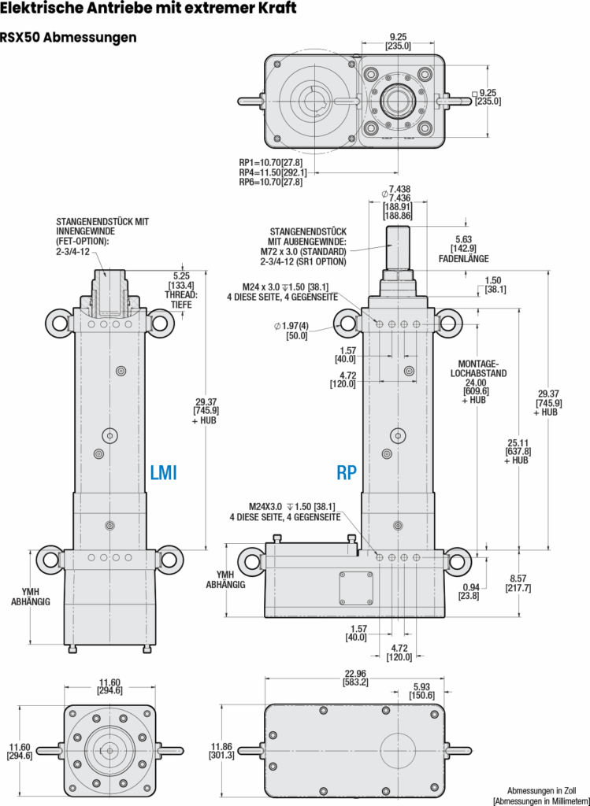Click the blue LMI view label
[164, 472]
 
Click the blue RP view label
[347, 472]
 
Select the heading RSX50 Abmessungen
[69, 38]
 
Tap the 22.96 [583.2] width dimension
[355, 678]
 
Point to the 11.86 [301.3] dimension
[221, 751]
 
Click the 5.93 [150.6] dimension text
[421, 691]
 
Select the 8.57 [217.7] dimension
[518, 583]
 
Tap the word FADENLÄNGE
[463, 258]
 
